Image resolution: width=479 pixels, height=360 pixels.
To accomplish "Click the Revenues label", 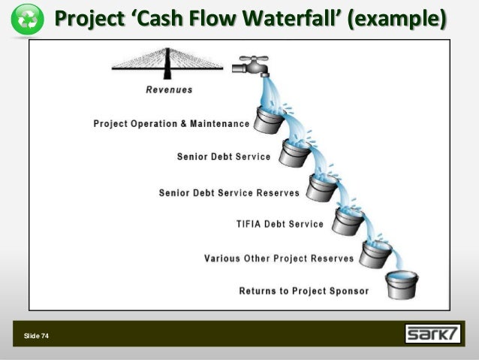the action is [169, 89].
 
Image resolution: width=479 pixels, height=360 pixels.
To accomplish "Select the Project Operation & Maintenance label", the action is [170, 123].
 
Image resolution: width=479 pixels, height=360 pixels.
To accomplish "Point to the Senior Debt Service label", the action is [223, 158].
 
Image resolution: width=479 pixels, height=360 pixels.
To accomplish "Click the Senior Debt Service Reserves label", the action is [229, 192].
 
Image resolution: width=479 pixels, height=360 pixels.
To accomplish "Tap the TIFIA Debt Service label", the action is [280, 224].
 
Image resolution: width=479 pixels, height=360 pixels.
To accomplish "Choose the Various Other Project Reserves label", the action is [279, 259].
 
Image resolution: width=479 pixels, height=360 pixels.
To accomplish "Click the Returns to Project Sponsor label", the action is [303, 290].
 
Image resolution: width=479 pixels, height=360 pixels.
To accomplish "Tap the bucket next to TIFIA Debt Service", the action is [348, 221].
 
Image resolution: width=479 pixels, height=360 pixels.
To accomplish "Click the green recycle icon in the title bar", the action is [27, 20].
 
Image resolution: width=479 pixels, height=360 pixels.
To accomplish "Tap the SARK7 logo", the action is [433, 334].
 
